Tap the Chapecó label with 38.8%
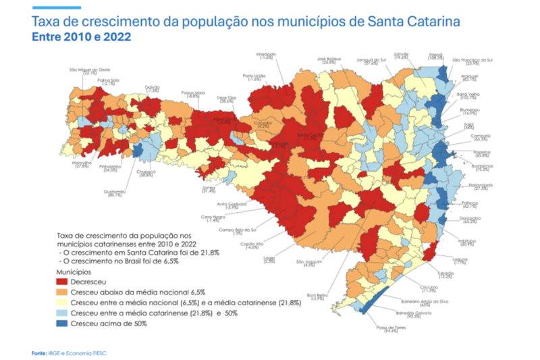pyautogui.click(x=146, y=174)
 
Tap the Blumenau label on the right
pyautogui.click(x=470, y=110)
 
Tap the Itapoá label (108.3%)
pyautogui.click(x=436, y=55)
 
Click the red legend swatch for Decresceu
pyautogui.click(x=64, y=280)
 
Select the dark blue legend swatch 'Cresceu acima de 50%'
pyautogui.click(x=64, y=324)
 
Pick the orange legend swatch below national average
pyautogui.click(x=64, y=291)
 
